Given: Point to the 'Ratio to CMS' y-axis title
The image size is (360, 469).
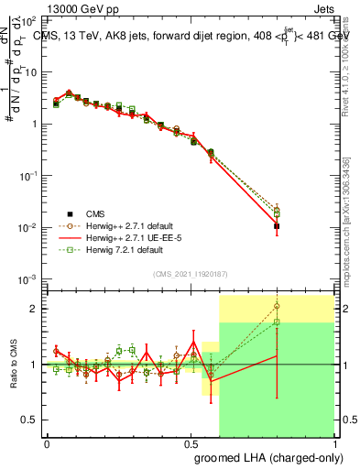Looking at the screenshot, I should pos(13,364).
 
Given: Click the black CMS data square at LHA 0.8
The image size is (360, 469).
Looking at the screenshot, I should pos(277,225).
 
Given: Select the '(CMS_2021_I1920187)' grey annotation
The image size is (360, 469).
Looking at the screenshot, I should pos(190,274).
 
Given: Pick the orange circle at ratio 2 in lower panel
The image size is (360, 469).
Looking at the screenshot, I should pos(277,307).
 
